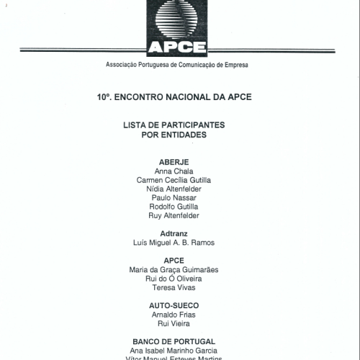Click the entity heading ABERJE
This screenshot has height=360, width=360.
(174, 161)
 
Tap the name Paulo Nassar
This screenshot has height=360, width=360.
(174, 197)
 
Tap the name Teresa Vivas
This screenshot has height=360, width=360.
(174, 287)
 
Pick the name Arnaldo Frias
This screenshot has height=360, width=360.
(174, 315)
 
